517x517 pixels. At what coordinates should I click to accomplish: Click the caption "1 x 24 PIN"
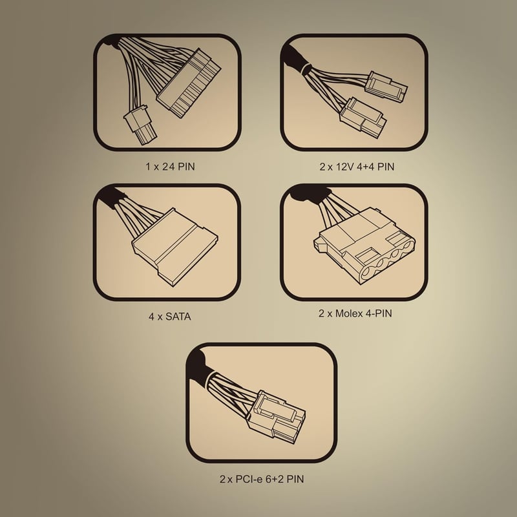pos(170,167)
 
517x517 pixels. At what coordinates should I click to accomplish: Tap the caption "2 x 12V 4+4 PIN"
pos(357,167)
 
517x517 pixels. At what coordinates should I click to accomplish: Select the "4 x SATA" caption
pos(169,317)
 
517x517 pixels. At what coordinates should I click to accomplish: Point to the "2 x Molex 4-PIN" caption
pos(355,313)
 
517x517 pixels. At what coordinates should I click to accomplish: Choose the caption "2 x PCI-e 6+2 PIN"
pos(262,479)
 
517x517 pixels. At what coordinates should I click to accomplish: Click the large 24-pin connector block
pos(189,83)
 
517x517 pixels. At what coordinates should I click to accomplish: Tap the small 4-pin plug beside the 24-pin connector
pos(140,125)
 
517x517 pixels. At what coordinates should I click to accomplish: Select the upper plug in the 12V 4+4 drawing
pos(386,87)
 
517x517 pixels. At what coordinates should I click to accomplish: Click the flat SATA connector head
pos(174,247)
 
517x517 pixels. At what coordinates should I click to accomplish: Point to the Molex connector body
pos(364,246)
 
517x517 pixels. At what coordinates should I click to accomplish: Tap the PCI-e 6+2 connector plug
pos(277,417)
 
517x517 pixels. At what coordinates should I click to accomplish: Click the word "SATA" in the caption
pos(178,317)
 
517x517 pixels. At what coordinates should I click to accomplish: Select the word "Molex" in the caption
pos(349,313)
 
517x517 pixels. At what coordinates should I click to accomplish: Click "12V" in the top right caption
pos(345,167)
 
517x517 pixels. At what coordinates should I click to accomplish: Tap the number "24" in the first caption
pos(169,167)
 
